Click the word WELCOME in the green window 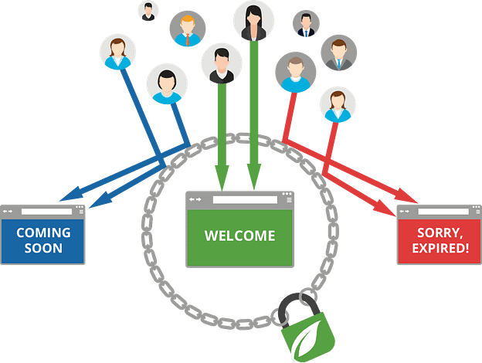pos(239,236)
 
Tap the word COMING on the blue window pos(43,232)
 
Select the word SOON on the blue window pos(43,249)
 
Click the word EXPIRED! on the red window pos(433,249)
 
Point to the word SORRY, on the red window pos(433,232)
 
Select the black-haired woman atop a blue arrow pos(166,83)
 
